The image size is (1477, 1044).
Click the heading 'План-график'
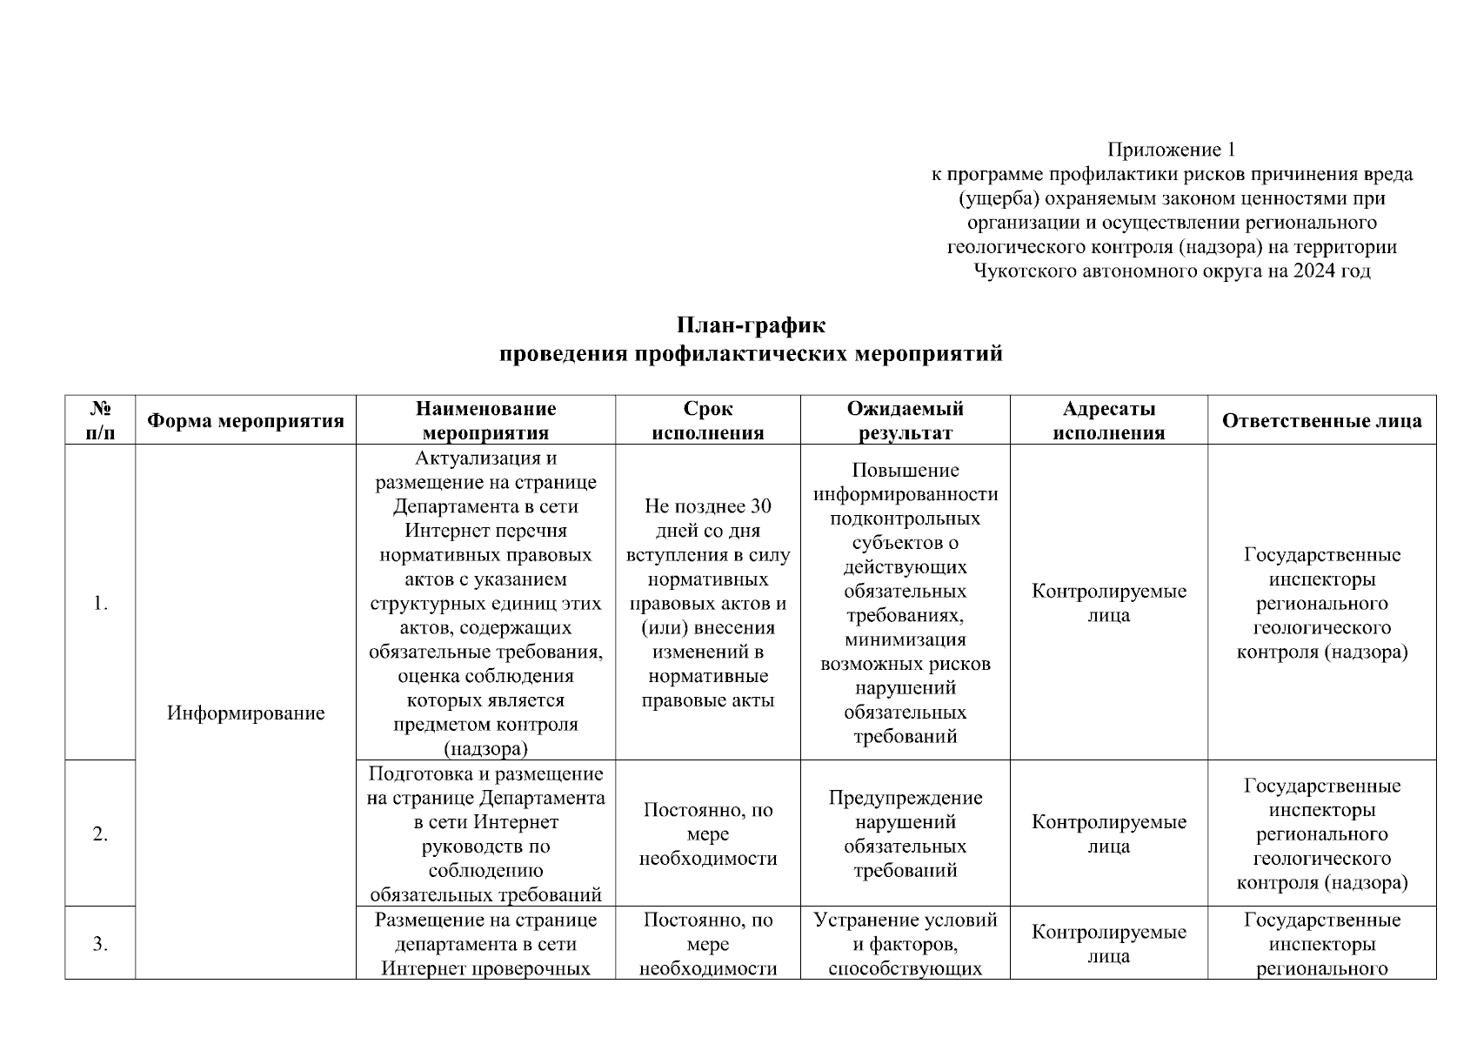(751, 326)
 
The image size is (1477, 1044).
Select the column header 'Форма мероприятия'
(245, 421)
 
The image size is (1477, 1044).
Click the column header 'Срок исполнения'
(707, 421)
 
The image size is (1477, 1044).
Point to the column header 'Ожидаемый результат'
(905, 421)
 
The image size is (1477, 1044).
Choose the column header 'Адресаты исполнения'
(1108, 421)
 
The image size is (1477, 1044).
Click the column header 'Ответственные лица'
(1321, 421)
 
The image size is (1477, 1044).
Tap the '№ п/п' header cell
(100, 421)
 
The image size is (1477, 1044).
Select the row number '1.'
(100, 604)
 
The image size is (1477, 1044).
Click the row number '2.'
(100, 834)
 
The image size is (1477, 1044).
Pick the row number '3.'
(100, 944)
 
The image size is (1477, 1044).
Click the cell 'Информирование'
(245, 713)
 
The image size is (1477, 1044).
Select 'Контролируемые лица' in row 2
(1108, 834)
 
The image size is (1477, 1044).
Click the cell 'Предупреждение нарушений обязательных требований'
(905, 834)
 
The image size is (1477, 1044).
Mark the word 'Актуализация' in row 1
(485, 458)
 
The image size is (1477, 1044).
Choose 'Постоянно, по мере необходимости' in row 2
(707, 834)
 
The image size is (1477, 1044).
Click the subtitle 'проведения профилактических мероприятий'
(751, 354)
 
